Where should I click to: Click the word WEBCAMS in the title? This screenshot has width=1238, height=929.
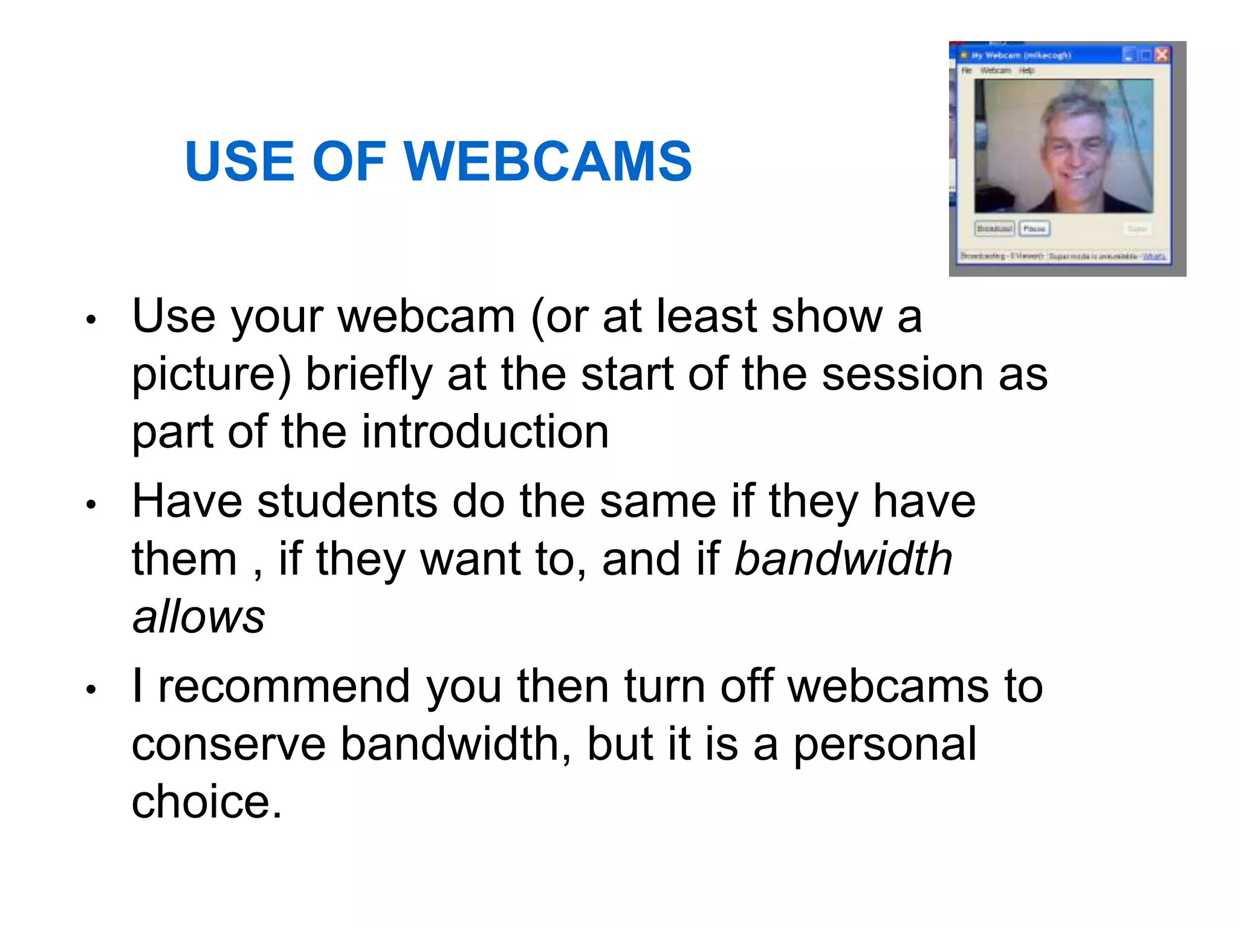point(547,161)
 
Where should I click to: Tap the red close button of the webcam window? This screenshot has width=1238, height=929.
point(1161,55)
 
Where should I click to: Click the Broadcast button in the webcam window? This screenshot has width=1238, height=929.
point(994,229)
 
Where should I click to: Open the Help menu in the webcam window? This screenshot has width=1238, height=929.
point(1026,71)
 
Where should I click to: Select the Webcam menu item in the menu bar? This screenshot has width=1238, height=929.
point(995,71)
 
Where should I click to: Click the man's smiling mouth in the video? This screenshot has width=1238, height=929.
point(1075,178)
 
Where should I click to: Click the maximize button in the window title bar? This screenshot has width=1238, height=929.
point(1145,55)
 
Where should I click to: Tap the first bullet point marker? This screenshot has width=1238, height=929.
point(91,319)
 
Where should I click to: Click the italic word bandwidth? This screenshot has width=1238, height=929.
point(843,559)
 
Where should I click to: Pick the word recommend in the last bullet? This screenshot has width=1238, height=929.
point(284,686)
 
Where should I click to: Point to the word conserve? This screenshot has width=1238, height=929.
point(228,745)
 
